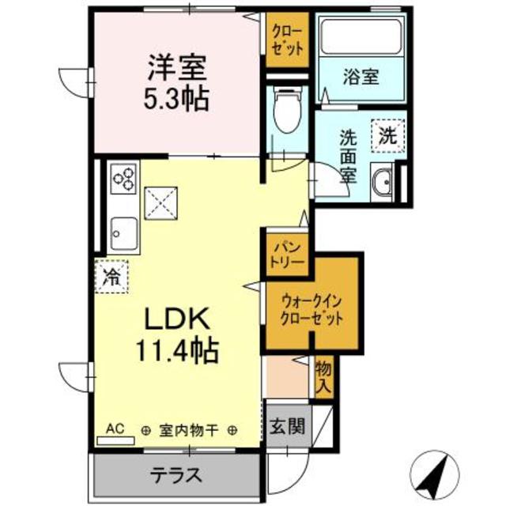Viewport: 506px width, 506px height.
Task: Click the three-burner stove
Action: [123, 179]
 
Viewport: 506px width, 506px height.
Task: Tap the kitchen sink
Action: [123, 231]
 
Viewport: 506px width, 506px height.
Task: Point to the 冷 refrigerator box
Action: [111, 278]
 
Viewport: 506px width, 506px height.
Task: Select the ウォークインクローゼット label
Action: [312, 311]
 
